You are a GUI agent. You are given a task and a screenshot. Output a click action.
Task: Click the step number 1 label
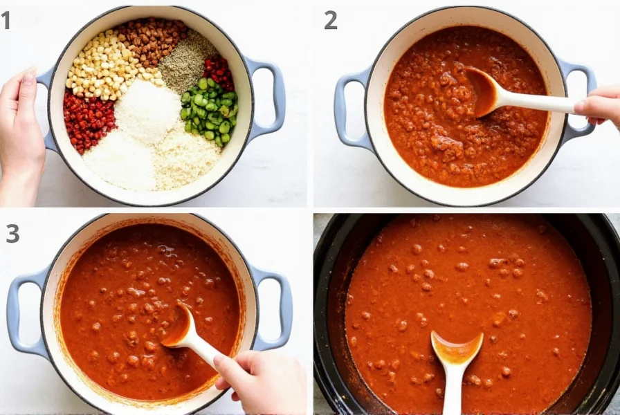[x=6, y=21]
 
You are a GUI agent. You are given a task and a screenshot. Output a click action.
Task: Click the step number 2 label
[x=331, y=21]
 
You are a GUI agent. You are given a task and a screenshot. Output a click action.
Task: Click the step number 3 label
[x=12, y=233]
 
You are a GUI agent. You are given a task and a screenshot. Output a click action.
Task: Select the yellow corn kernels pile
[x=102, y=66]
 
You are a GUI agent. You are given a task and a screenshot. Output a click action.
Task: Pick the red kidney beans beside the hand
[x=88, y=121]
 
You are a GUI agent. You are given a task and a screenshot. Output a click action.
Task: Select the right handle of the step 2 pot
[x=580, y=97]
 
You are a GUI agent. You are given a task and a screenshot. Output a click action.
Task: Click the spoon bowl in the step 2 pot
[x=482, y=92]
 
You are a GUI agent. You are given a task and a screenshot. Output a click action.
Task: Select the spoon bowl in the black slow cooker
[x=457, y=349]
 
